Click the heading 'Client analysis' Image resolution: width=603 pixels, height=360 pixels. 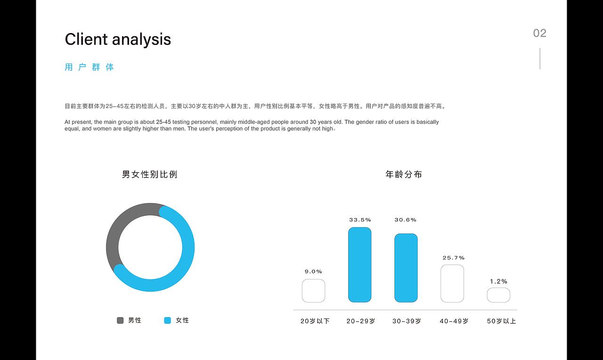click(118, 39)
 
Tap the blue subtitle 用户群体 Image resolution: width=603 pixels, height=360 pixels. click(90, 67)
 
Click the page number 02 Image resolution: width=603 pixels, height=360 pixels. click(539, 33)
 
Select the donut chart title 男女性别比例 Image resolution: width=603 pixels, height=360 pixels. click(150, 174)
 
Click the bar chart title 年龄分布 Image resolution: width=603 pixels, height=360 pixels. click(404, 174)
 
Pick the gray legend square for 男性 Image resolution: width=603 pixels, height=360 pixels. click(120, 320)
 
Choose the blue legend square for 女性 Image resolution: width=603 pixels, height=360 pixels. click(167, 320)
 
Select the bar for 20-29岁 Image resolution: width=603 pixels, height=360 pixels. click(359, 265)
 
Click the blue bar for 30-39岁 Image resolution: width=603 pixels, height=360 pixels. click(406, 268)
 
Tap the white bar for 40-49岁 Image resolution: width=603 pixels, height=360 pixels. click(452, 283)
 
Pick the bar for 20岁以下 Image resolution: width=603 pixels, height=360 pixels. click(313, 291)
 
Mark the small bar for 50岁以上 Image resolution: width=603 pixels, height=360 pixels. click(498, 295)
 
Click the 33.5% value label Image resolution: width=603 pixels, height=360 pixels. click(360, 220)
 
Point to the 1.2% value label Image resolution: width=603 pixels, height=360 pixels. click(498, 281)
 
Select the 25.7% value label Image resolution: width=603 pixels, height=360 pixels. click(453, 258)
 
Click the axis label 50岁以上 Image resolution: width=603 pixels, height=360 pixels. click(501, 321)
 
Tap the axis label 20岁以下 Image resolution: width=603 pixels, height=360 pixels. click(315, 321)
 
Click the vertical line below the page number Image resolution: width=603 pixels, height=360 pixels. click(540, 58)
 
